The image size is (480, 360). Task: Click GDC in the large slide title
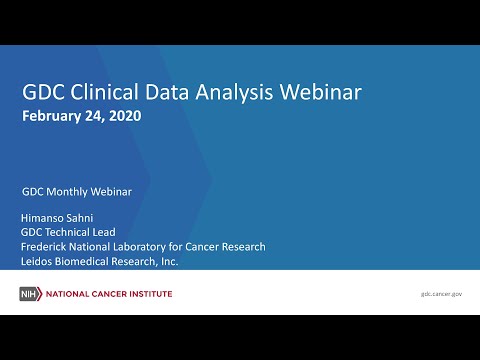click(x=44, y=92)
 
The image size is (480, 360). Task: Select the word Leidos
click(x=38, y=261)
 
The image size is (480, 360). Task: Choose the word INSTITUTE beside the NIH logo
click(x=147, y=294)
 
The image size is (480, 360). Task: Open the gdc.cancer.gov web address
click(x=441, y=294)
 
